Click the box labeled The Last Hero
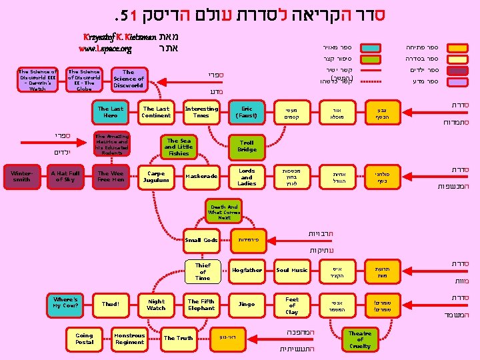111,112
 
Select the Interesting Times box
201,112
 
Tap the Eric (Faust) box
247,112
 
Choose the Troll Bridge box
247,146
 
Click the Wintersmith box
22,176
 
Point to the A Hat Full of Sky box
65,177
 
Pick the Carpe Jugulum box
157,177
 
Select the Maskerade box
201,177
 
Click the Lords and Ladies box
247,176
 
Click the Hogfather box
247,270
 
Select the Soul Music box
292,270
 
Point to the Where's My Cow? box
66,303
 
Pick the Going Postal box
85,339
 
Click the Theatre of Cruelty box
360,339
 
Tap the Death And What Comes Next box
224,212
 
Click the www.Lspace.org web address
105,49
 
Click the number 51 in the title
125,14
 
